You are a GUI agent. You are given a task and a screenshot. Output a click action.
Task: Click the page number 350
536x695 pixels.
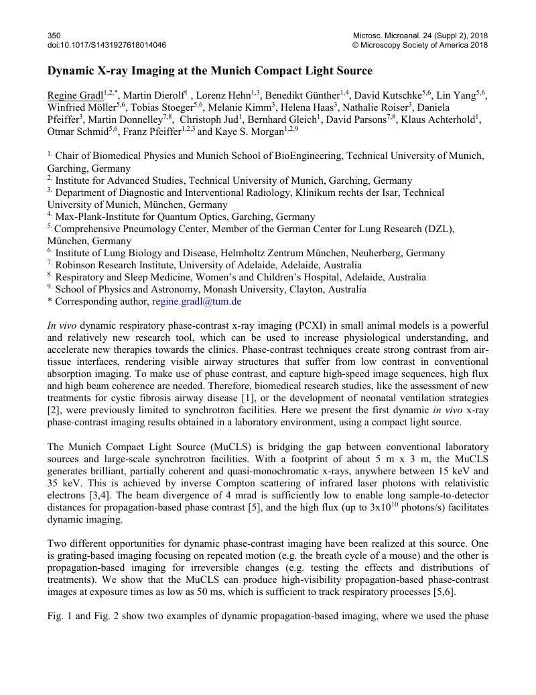tap(54, 35)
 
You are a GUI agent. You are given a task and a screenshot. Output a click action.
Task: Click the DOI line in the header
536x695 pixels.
tap(107, 45)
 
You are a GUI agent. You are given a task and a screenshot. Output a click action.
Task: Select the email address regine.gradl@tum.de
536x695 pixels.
tap(196, 301)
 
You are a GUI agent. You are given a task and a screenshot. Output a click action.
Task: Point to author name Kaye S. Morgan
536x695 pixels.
tap(249, 132)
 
